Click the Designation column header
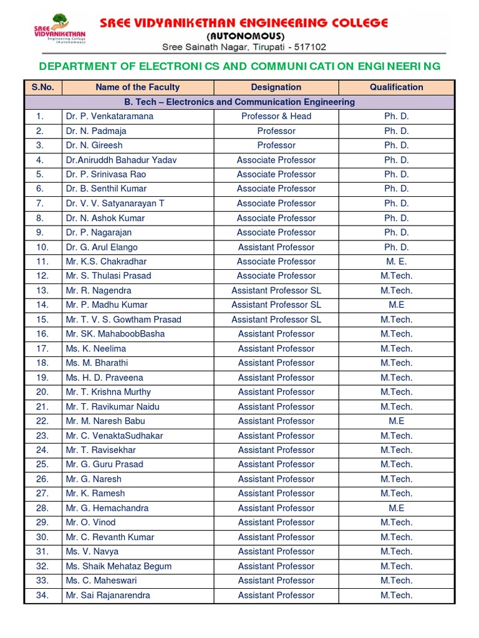[276, 87]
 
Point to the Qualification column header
[396, 87]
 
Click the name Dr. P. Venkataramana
[109, 117]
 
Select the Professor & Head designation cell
[276, 117]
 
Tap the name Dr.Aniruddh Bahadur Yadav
[121, 160]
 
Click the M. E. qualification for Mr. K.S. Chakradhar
[396, 262]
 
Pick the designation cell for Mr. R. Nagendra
[276, 291]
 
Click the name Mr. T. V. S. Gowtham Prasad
[123, 320]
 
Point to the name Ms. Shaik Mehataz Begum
[119, 566]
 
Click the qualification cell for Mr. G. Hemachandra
[396, 508]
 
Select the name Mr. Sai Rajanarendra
[108, 596]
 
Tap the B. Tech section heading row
[239, 102]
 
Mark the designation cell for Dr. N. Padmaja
[276, 131]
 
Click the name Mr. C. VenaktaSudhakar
[114, 436]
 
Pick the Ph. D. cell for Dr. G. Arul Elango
[396, 247]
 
